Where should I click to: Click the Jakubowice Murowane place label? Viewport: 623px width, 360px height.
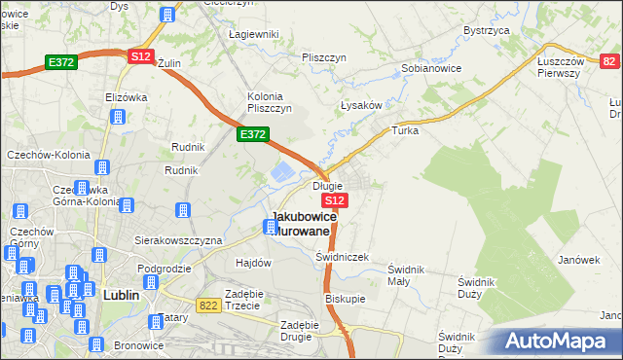pos(304,223)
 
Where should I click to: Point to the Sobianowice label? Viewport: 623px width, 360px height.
pos(431,69)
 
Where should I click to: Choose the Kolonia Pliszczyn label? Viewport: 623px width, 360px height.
pos(270,101)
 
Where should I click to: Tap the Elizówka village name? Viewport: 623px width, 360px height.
pos(125,97)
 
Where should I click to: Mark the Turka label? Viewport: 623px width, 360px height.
pos(405,129)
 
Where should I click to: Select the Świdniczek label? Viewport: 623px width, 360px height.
pos(342,257)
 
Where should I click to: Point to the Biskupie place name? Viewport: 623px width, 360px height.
pos(345,299)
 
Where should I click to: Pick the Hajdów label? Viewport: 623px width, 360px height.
pos(253,263)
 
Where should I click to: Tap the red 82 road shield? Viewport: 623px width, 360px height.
pos(608,61)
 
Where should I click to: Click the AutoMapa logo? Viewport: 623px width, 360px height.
pos(553,342)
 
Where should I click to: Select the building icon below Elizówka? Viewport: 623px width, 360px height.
pos(118,118)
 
